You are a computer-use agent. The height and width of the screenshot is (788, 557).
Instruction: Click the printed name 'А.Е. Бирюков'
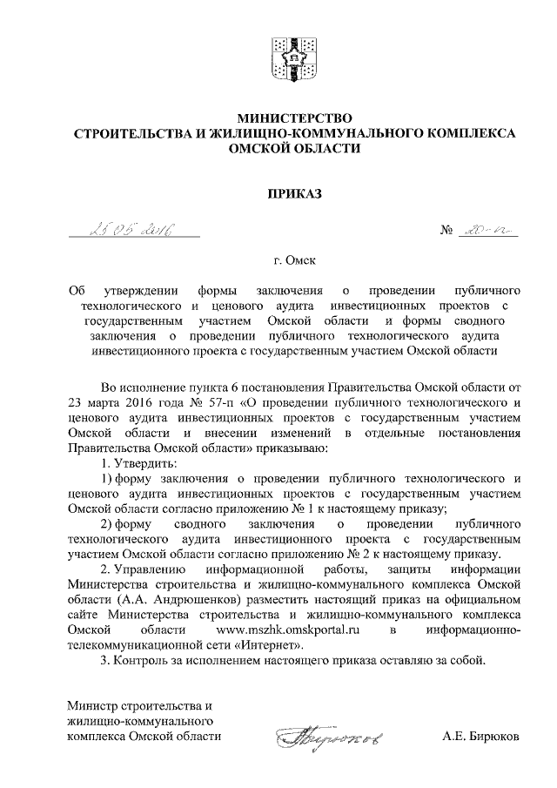tap(480, 736)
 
